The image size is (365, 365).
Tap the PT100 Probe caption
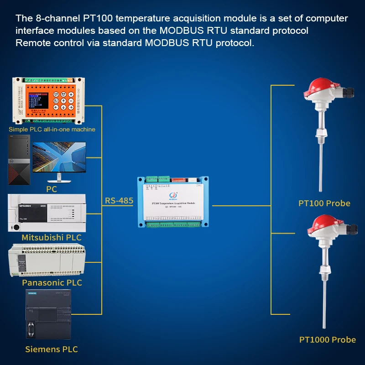click(324, 203)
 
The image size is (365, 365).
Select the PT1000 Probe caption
click(327, 339)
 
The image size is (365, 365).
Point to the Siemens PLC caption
click(51, 349)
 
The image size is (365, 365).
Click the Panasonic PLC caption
click(52, 283)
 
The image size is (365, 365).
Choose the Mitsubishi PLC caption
click(51, 238)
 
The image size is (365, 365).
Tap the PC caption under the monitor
click(52, 189)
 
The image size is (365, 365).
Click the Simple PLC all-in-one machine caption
click(52, 129)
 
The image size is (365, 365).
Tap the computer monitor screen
click(59, 157)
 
